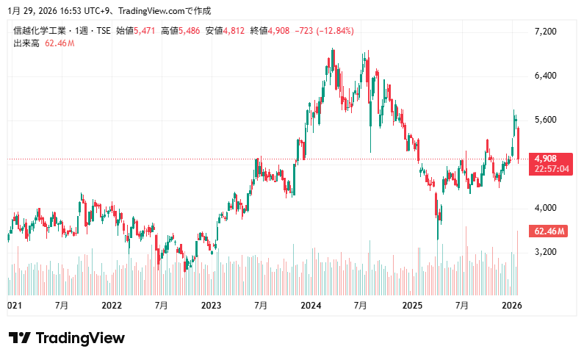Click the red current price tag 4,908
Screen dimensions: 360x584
click(548, 159)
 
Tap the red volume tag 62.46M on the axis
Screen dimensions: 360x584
click(549, 231)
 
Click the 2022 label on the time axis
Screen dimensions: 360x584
click(112, 305)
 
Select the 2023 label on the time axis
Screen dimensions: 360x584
click(212, 305)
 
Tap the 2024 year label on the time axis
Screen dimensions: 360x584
click(311, 305)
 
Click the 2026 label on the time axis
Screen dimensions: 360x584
click(511, 305)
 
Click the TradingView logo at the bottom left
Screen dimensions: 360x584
click(67, 338)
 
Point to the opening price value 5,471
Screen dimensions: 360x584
click(144, 31)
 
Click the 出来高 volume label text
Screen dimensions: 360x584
click(27, 43)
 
